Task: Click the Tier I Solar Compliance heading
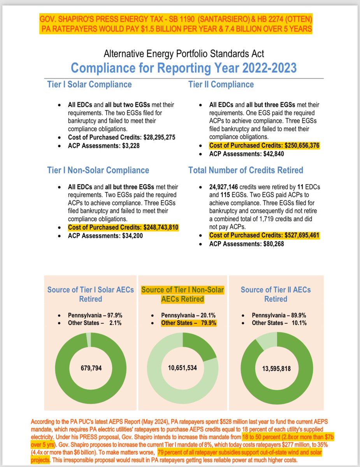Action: (x=89, y=84)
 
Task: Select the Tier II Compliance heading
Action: (x=221, y=84)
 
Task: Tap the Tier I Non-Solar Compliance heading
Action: (x=98, y=170)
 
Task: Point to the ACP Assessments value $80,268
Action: (x=264, y=244)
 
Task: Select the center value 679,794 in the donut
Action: (x=91, y=367)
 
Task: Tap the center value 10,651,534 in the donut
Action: (x=182, y=367)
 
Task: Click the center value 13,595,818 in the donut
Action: (x=276, y=367)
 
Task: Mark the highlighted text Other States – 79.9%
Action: (x=188, y=323)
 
